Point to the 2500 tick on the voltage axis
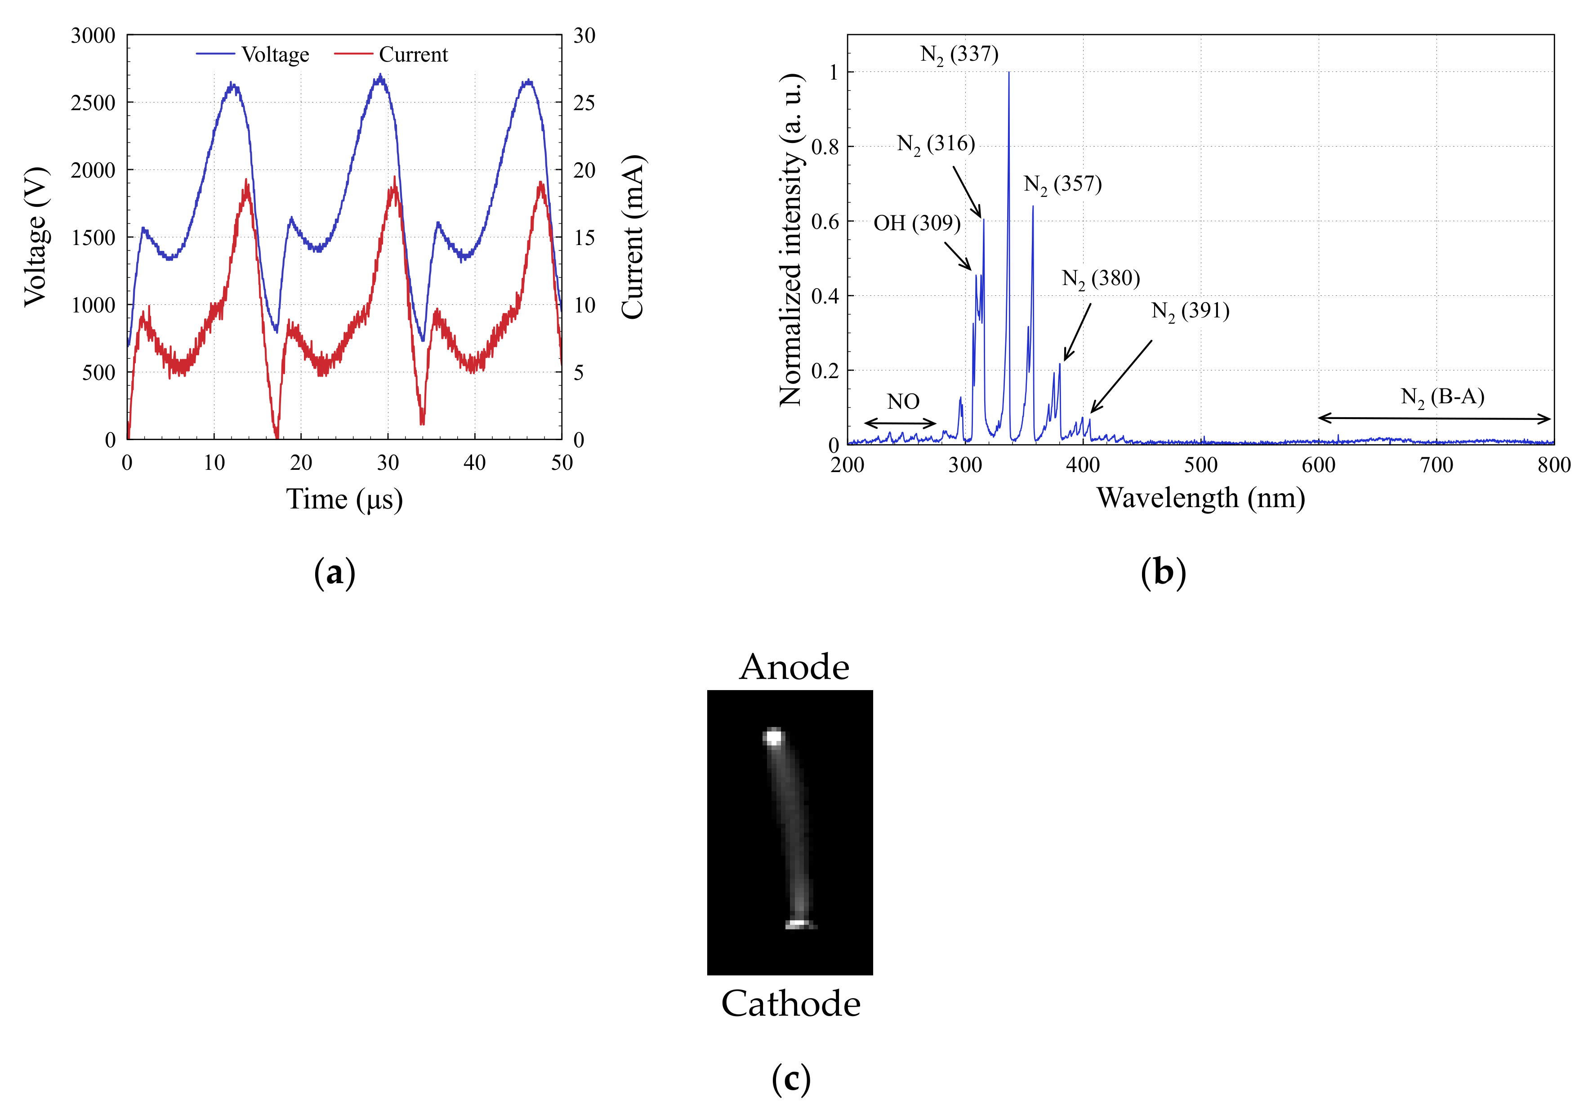tap(93, 103)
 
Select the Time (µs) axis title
tap(344, 499)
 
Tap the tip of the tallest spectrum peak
tap(1008, 73)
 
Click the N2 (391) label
tap(1190, 311)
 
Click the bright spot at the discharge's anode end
tap(773, 736)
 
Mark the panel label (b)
tap(1163, 573)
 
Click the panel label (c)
tap(790, 1079)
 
